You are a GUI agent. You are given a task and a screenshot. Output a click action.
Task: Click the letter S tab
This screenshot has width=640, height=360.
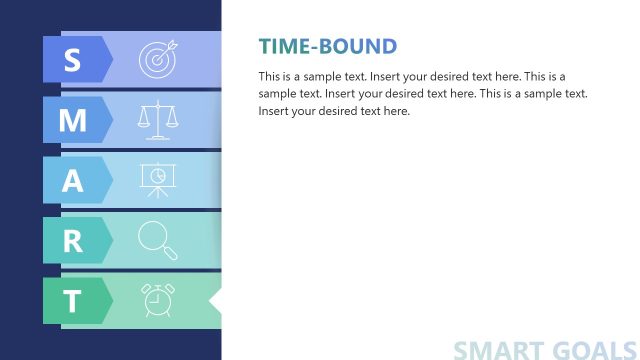coord(72,60)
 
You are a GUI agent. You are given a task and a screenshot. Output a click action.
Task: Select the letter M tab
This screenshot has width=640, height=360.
coord(72,120)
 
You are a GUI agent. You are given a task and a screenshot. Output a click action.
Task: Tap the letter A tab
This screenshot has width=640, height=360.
coord(72,180)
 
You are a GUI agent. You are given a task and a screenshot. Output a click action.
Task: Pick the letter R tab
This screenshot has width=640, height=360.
coord(72,240)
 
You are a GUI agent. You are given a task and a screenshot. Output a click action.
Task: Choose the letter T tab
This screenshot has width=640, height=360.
coord(72,301)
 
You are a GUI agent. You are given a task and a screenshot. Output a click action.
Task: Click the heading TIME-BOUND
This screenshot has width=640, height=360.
coord(328,46)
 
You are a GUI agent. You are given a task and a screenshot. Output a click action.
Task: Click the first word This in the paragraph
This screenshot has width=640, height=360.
coord(269,76)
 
